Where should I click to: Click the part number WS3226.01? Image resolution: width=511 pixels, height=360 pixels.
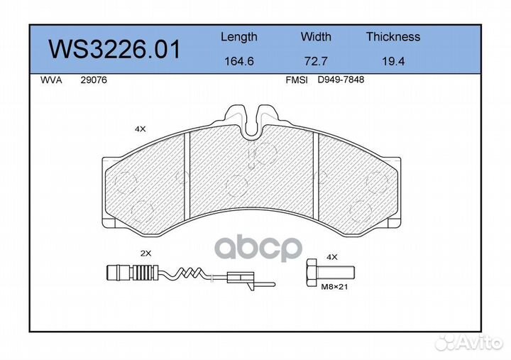pos(114,49)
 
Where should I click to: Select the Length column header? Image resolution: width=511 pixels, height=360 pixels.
pos(239,37)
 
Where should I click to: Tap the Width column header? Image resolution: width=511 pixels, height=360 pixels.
pos(316,36)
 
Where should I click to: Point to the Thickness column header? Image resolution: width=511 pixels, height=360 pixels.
pos(393,36)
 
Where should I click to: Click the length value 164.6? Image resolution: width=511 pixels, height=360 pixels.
pos(239,61)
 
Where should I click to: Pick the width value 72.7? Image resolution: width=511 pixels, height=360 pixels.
pos(316,61)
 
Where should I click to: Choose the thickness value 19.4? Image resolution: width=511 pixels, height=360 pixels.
pos(393,61)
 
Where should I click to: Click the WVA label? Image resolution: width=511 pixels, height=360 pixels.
pos(51,80)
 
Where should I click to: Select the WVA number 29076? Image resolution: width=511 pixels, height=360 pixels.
pos(94,80)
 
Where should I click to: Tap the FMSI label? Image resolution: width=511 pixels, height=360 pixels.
pos(297,80)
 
